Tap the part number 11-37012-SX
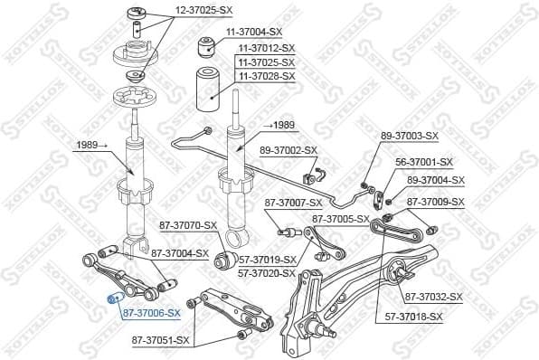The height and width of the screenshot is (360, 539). pyautogui.click(x=266, y=47)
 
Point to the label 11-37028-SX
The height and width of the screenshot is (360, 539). pyautogui.click(x=266, y=76)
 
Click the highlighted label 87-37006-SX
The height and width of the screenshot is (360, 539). pyautogui.click(x=152, y=313)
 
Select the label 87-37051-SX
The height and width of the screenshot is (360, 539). pyautogui.click(x=161, y=340)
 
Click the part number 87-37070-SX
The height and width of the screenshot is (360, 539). pyautogui.click(x=189, y=224)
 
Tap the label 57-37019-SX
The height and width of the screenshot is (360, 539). pyautogui.click(x=267, y=260)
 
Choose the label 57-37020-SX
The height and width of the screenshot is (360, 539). pyautogui.click(x=267, y=272)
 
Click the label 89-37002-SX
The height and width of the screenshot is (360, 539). pyautogui.click(x=288, y=149)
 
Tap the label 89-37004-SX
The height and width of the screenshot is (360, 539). pyautogui.click(x=435, y=180)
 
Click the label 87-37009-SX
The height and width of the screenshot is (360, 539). pyautogui.click(x=435, y=202)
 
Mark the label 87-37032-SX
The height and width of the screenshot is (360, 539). pyautogui.click(x=433, y=297)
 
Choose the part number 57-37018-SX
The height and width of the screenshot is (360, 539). pyautogui.click(x=413, y=317)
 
